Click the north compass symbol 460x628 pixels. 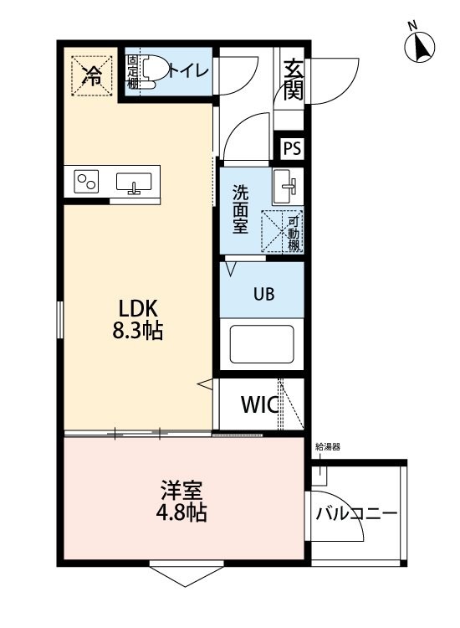click(x=419, y=45)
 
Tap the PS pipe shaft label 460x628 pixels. click(x=292, y=148)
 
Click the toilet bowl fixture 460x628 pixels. click(x=146, y=71)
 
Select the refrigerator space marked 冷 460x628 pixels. click(x=92, y=75)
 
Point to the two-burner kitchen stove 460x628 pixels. click(x=86, y=182)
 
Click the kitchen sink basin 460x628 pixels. click(x=134, y=183)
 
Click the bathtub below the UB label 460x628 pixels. click(x=262, y=344)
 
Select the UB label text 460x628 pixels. click(x=264, y=294)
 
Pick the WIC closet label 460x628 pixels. click(x=259, y=404)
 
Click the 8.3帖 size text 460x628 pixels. click(x=138, y=332)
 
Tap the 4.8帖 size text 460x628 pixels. click(x=181, y=512)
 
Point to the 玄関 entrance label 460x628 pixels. click(x=294, y=80)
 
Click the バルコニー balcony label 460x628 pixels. click(x=357, y=513)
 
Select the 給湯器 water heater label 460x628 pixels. click(x=328, y=446)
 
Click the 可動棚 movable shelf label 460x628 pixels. click(x=294, y=233)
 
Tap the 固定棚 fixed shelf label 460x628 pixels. click(x=132, y=72)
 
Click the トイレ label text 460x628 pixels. click(x=189, y=71)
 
